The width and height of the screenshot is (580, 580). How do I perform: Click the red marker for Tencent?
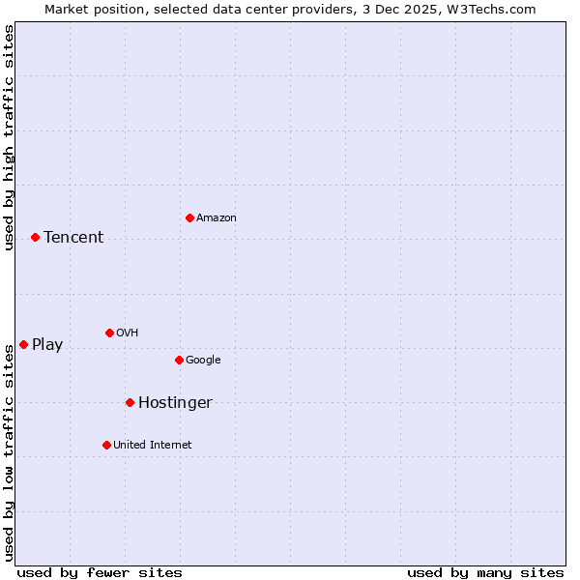point(35,237)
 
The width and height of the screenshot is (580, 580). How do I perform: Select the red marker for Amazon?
point(189,217)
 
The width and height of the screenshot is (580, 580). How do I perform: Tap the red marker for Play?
point(23,344)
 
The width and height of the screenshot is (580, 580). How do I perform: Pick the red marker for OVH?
point(109,333)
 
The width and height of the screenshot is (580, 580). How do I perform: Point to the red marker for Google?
point(179,360)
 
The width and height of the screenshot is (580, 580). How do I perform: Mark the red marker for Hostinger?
point(130,402)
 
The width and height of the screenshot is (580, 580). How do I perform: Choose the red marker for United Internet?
point(106,445)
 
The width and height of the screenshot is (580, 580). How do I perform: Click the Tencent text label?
point(73,238)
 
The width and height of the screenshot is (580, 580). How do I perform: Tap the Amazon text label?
point(217,218)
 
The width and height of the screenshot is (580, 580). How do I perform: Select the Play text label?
point(47,345)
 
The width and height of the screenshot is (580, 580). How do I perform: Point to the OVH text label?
point(128,333)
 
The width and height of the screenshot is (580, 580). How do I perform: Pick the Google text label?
point(203,361)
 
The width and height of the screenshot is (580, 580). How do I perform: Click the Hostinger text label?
point(175,403)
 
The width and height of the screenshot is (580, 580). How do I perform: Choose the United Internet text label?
point(153,446)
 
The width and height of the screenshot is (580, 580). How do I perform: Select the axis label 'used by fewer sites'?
point(100,572)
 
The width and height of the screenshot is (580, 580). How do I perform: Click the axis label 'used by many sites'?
point(485,572)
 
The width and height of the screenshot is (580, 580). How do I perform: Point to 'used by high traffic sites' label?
point(9,137)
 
